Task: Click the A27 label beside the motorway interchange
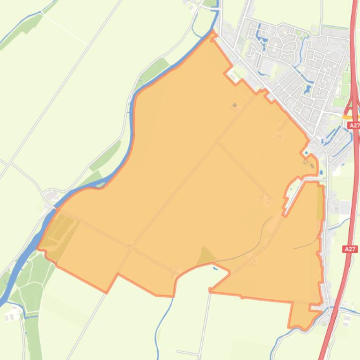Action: tap(354, 125)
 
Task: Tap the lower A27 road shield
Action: tap(350, 249)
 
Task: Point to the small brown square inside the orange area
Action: tap(235, 105)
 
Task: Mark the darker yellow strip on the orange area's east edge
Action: tap(320, 203)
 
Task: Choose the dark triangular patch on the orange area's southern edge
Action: tap(206, 256)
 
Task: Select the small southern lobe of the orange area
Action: tap(300, 316)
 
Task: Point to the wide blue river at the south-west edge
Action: tap(19, 271)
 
